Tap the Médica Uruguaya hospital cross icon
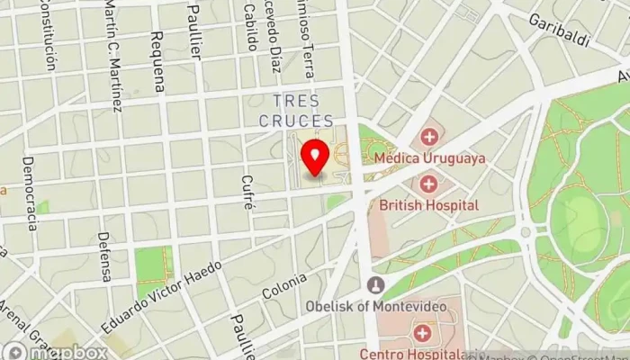click(428, 138)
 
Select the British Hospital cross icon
click(428, 185)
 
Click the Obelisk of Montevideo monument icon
click(376, 286)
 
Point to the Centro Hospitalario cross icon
click(421, 334)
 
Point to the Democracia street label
click(30, 193)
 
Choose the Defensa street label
click(104, 256)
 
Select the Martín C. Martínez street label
click(112, 56)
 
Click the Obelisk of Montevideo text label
click(375, 307)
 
